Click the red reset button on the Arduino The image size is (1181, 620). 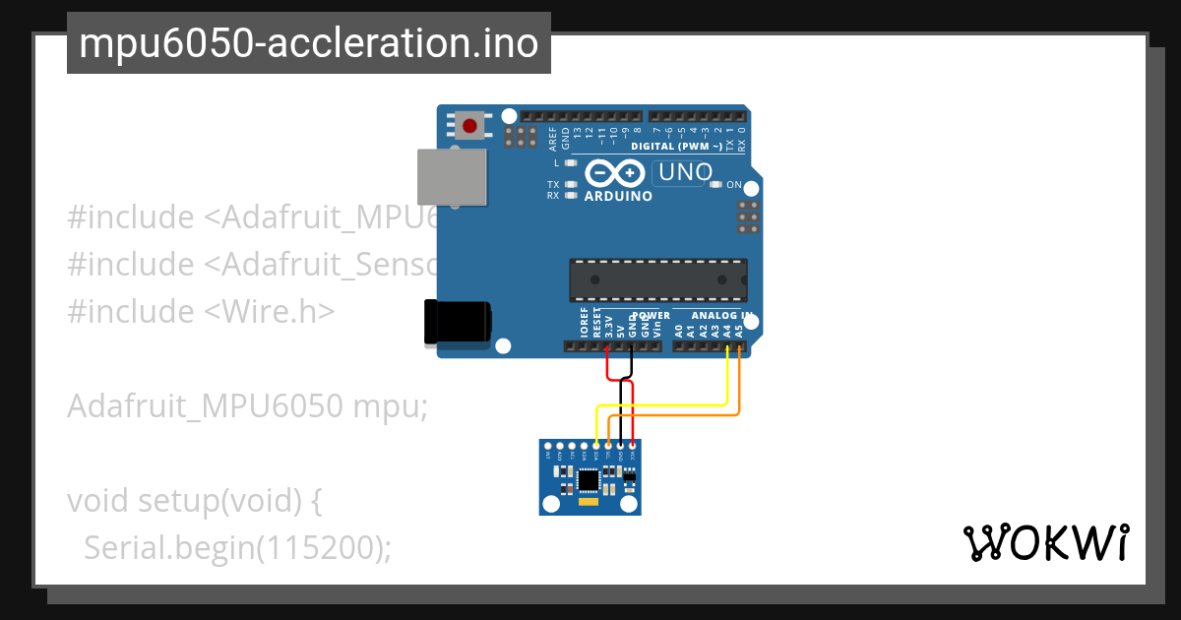pyautogui.click(x=469, y=126)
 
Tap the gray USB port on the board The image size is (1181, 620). pyautogui.click(x=452, y=178)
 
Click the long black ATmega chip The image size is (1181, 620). pyautogui.click(x=657, y=279)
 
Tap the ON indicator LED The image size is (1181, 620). pyautogui.click(x=717, y=185)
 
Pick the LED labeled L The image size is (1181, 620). pyautogui.click(x=570, y=162)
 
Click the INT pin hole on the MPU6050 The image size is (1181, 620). pyautogui.click(x=549, y=446)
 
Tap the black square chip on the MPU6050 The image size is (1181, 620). pyautogui.click(x=588, y=479)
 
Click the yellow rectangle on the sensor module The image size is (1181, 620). pyautogui.click(x=588, y=503)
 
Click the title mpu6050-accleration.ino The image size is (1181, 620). pyautogui.click(x=308, y=43)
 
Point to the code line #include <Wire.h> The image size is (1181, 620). pyautogui.click(x=201, y=311)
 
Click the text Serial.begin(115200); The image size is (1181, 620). pyautogui.click(x=237, y=547)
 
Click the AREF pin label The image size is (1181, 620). pyautogui.click(x=553, y=138)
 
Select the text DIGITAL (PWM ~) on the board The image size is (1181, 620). pyautogui.click(x=675, y=146)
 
